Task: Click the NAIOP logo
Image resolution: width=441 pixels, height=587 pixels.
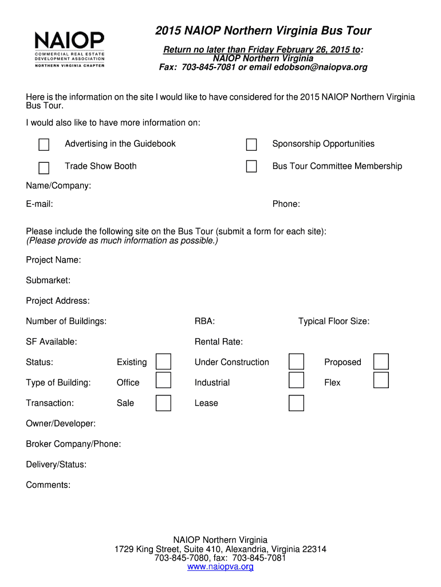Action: pos(69,49)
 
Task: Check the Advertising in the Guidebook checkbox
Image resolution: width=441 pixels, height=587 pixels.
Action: pos(44,144)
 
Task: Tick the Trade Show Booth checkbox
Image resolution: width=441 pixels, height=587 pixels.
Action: pos(44,167)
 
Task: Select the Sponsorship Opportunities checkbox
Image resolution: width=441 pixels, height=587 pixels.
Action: pos(251,144)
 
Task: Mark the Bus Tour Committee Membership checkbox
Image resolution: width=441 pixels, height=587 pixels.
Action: pos(251,166)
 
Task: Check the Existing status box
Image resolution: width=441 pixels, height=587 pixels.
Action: pos(164,362)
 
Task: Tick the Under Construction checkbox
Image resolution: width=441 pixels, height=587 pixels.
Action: pos(296,362)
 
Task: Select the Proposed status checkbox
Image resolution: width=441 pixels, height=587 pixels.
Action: pos(381,362)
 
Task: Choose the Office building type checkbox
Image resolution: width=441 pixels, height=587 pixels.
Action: pos(164,380)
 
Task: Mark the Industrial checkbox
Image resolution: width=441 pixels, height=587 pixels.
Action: pos(296,380)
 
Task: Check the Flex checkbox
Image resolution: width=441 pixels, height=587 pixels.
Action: pos(381,380)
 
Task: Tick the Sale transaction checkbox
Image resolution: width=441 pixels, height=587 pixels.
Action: pos(164,403)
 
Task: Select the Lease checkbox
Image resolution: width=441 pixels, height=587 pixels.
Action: pos(296,403)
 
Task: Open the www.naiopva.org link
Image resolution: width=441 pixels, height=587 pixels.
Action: pos(220,567)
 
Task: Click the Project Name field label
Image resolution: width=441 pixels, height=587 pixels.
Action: pos(53,260)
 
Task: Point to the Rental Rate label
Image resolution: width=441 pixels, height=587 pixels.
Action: pos(219,342)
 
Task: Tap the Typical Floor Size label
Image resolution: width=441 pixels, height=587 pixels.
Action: pos(334,322)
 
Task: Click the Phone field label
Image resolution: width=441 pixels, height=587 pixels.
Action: pos(286,205)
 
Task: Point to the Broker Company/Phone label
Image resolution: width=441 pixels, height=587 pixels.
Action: pos(73,444)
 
